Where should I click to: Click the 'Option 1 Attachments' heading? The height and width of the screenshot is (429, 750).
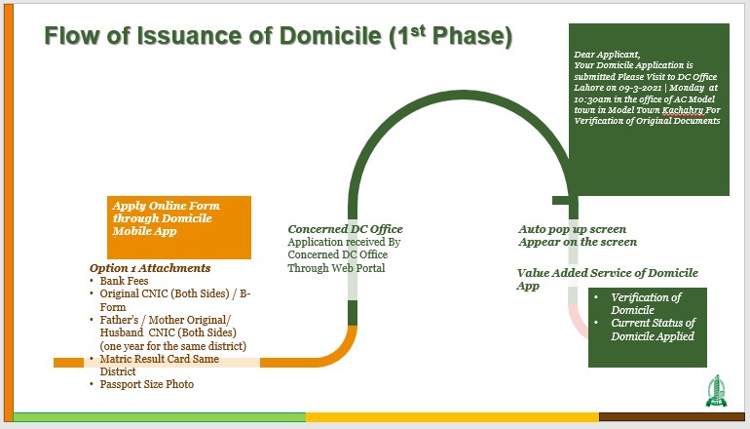pyautogui.click(x=150, y=268)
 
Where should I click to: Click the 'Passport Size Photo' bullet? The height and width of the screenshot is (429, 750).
pyautogui.click(x=146, y=384)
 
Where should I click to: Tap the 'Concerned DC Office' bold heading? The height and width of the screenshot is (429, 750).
pyautogui.click(x=345, y=229)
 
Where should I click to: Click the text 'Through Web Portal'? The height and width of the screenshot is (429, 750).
pyautogui.click(x=336, y=268)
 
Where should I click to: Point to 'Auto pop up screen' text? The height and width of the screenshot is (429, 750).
pyautogui.click(x=573, y=229)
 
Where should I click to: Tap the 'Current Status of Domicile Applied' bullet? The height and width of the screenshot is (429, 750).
pyautogui.click(x=652, y=330)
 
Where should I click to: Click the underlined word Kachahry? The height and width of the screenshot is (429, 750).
pyautogui.click(x=681, y=111)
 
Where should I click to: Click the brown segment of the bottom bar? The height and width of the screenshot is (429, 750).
pyautogui.click(x=672, y=417)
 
